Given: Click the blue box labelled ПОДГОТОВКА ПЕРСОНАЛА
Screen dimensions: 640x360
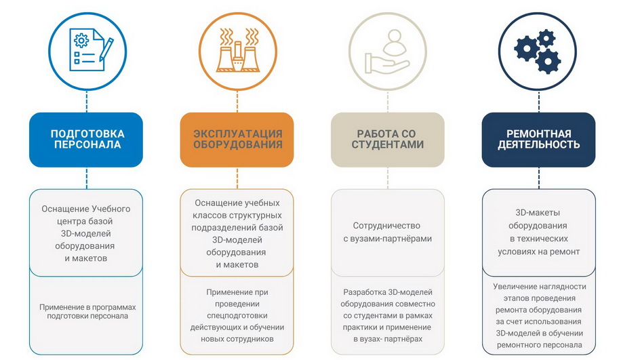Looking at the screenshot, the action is click(86, 140).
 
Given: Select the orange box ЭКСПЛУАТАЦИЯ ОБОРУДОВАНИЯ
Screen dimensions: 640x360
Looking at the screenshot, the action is click(237, 140).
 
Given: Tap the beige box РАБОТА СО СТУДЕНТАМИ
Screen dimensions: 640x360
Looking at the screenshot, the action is click(387, 140).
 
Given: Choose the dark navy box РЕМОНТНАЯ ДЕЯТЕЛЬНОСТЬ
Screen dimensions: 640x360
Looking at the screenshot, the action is click(538, 140).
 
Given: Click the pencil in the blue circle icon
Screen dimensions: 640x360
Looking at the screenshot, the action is click(106, 49).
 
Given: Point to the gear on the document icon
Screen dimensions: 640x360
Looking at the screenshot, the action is click(81, 41).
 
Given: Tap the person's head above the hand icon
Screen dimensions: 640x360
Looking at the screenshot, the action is click(395, 37).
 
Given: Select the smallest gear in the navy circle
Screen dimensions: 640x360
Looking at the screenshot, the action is click(546, 39).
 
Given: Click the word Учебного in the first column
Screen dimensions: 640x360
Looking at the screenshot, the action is click(111, 209).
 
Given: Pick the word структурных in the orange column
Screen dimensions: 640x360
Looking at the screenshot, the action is click(256, 215).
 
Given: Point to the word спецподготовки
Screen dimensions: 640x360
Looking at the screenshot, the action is click(237, 315).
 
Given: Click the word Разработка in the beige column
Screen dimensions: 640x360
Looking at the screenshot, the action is click(364, 292).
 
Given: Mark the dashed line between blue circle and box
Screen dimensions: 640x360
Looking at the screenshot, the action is click(87, 101).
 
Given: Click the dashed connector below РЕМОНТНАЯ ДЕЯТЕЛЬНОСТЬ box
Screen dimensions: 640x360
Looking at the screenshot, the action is click(539, 178).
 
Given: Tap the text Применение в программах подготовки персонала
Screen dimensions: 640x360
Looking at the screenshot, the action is click(87, 311).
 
